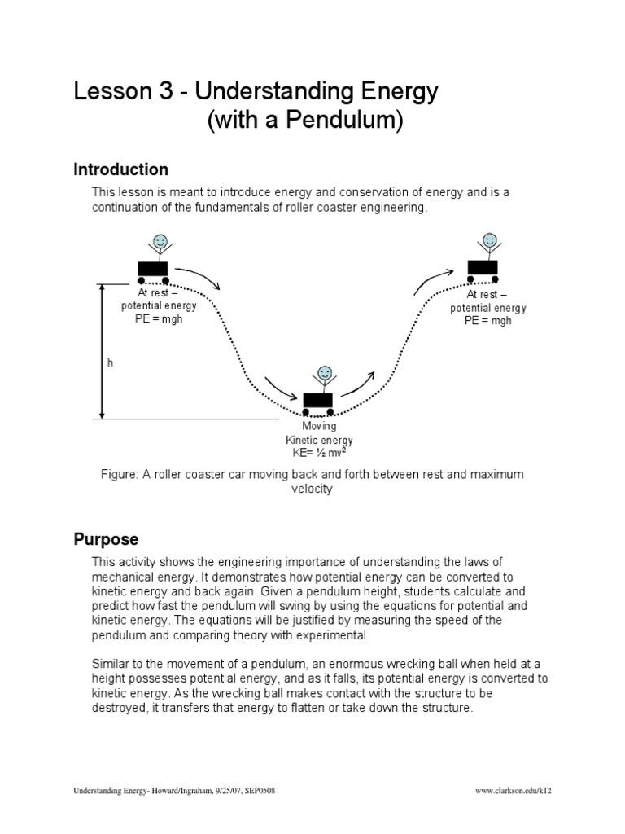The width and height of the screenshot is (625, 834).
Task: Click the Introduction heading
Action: pyautogui.click(x=120, y=169)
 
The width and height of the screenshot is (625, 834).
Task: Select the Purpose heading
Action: pyautogui.click(x=106, y=539)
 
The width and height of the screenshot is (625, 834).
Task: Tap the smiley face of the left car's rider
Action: pyautogui.click(x=159, y=242)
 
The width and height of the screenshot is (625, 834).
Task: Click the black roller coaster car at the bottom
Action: pyautogui.click(x=318, y=401)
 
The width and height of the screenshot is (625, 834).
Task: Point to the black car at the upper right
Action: pyautogui.click(x=483, y=267)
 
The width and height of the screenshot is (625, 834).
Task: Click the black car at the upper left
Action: pyautogui.click(x=153, y=269)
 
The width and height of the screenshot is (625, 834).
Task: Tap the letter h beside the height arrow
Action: pyautogui.click(x=110, y=363)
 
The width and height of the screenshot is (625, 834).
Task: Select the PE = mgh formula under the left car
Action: pyautogui.click(x=159, y=318)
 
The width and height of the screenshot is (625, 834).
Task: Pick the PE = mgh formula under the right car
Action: pyautogui.click(x=487, y=320)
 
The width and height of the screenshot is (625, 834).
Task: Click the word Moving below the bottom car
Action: pyautogui.click(x=319, y=427)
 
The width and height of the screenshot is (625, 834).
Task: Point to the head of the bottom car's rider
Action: pyautogui.click(x=325, y=373)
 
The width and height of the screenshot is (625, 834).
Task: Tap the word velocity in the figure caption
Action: pyautogui.click(x=312, y=489)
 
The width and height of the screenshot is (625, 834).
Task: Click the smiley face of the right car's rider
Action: pyautogui.click(x=490, y=240)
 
